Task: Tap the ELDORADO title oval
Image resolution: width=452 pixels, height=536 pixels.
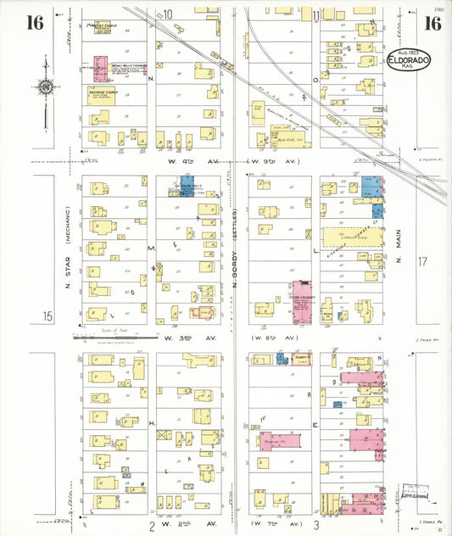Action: pyautogui.click(x=410, y=62)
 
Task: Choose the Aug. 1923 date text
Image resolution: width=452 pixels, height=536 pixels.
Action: pyautogui.click(x=410, y=52)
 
